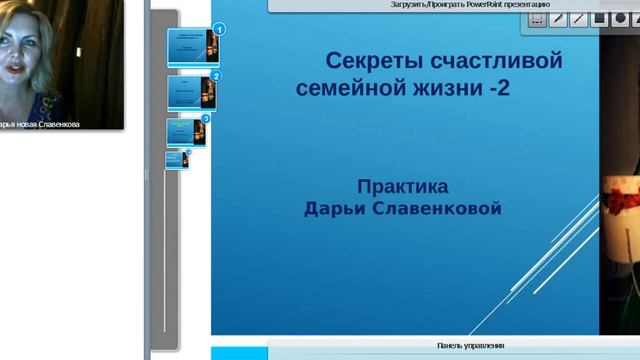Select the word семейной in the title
(344, 88)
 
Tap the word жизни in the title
(437, 88)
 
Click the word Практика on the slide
(402, 186)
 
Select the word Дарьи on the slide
(337, 208)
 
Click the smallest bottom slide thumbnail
(176, 158)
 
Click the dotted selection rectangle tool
(537, 18)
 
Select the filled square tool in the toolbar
(599, 18)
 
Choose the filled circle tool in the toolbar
(621, 18)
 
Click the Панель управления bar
(470, 346)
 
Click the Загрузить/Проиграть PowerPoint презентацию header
(470, 4)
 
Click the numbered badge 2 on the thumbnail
(216, 76)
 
